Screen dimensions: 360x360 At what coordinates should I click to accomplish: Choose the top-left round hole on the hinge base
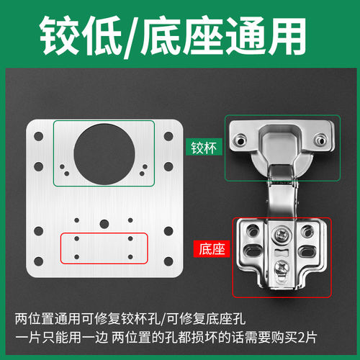pyautogui.click(x=252, y=230)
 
